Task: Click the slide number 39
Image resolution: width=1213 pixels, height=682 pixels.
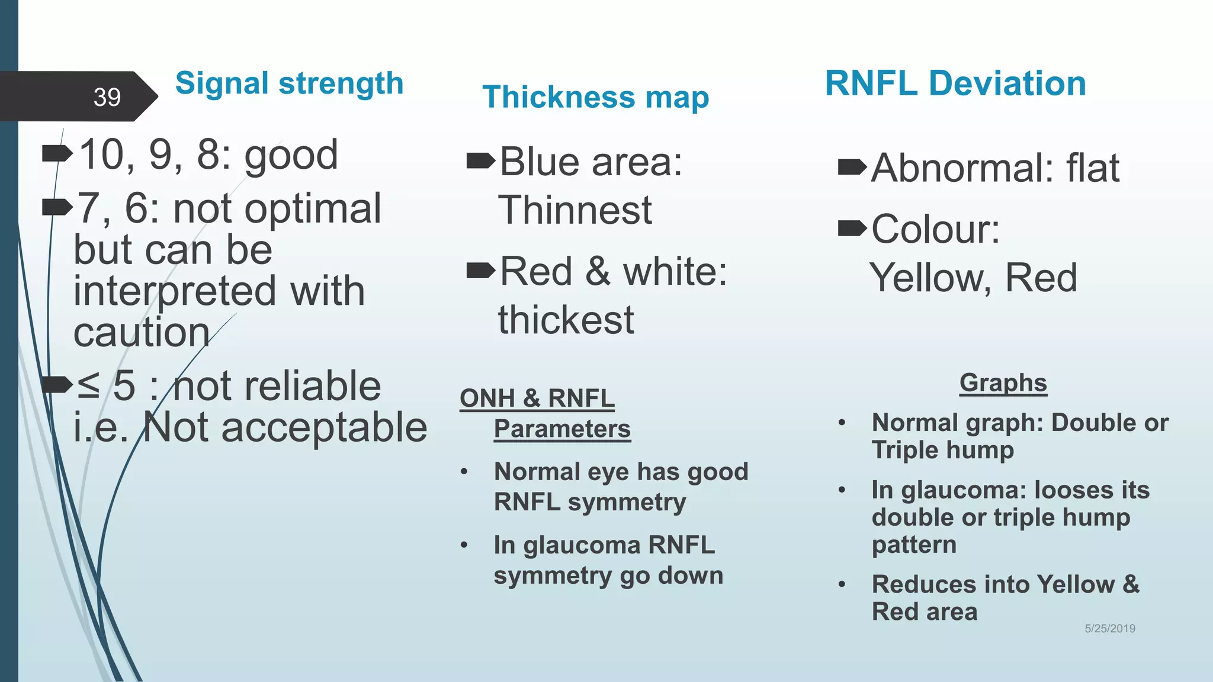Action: pos(107,97)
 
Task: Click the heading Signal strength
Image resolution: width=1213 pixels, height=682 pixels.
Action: pos(289,83)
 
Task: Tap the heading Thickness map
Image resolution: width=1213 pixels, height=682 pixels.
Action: pos(595,97)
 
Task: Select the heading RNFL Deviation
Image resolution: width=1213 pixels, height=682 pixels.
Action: pos(955,83)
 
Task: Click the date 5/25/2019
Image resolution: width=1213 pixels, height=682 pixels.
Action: pos(1109,629)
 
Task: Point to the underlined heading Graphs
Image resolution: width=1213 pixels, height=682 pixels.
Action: pos(1003,383)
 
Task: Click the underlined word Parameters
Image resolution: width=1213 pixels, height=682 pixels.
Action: pos(562,429)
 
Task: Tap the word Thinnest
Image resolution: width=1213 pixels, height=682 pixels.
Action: pos(575,210)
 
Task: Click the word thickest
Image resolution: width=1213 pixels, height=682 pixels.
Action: pos(566,320)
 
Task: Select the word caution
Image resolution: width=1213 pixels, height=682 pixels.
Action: pos(141,332)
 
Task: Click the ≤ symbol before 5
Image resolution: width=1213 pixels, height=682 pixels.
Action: pos(88,385)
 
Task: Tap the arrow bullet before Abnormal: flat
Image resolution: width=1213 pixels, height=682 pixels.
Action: pos(852,168)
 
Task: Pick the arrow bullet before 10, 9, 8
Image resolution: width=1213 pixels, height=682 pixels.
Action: pos(57,155)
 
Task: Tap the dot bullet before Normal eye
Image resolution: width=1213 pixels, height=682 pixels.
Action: pos(464,472)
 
